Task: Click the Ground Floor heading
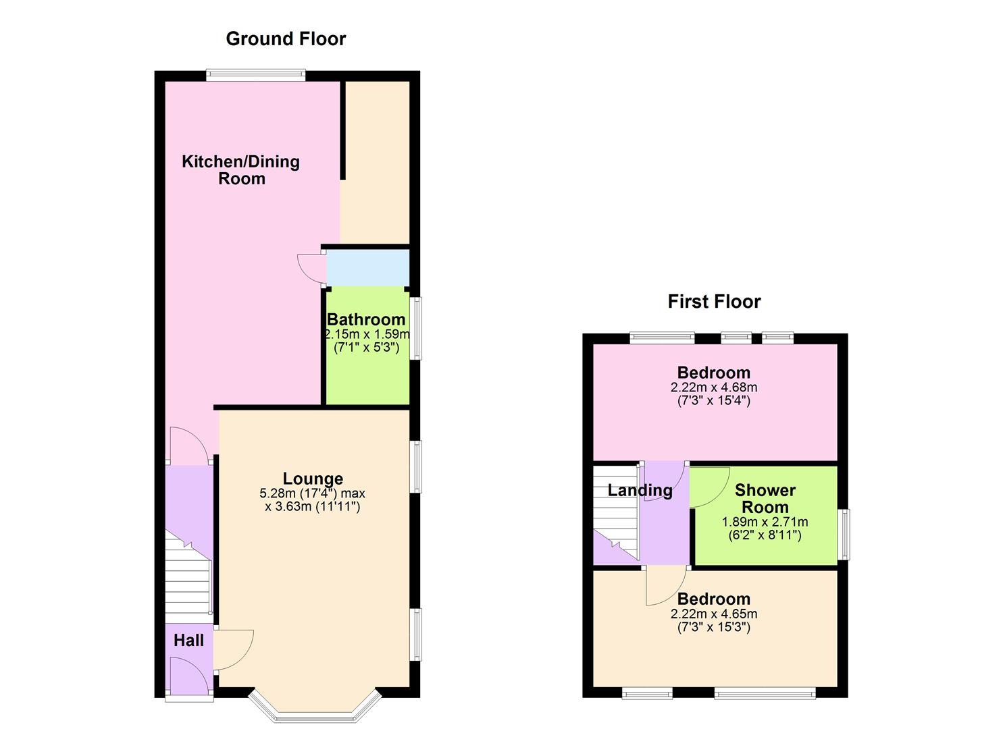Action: click(x=286, y=39)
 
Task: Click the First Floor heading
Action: click(x=714, y=302)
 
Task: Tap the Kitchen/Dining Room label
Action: click(x=241, y=170)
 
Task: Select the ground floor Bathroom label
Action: click(x=366, y=319)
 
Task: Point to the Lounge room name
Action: click(x=313, y=479)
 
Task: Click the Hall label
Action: click(x=188, y=641)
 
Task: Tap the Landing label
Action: click(x=640, y=491)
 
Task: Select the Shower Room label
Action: click(x=765, y=499)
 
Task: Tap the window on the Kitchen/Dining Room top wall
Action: click(x=256, y=75)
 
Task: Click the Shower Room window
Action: click(x=844, y=535)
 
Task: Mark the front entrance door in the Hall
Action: click(x=189, y=677)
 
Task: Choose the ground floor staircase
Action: click(x=188, y=577)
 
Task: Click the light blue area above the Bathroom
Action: click(x=367, y=268)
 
